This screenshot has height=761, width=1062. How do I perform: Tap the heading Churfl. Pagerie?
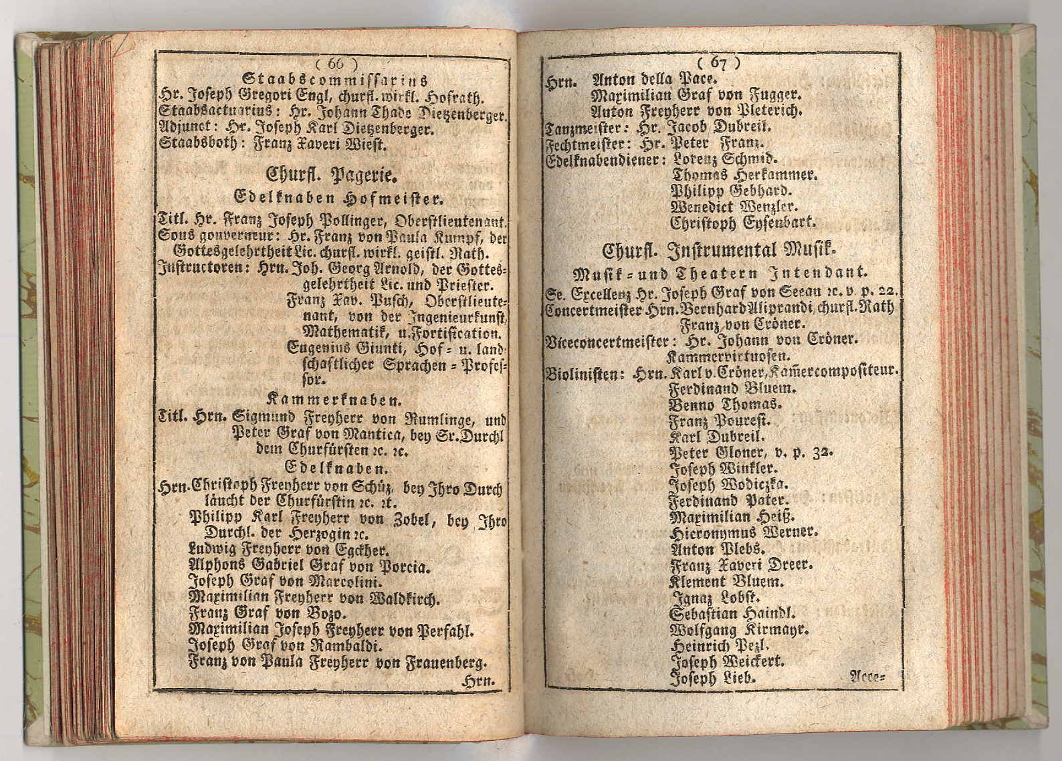[332, 176]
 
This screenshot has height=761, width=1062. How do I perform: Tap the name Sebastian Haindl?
[732, 614]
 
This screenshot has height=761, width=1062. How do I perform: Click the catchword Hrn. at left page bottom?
[479, 681]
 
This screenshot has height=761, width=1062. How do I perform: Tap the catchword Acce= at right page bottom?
[867, 677]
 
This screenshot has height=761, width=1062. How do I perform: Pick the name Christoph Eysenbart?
[744, 223]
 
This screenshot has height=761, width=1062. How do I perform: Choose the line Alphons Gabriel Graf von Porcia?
[308, 566]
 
